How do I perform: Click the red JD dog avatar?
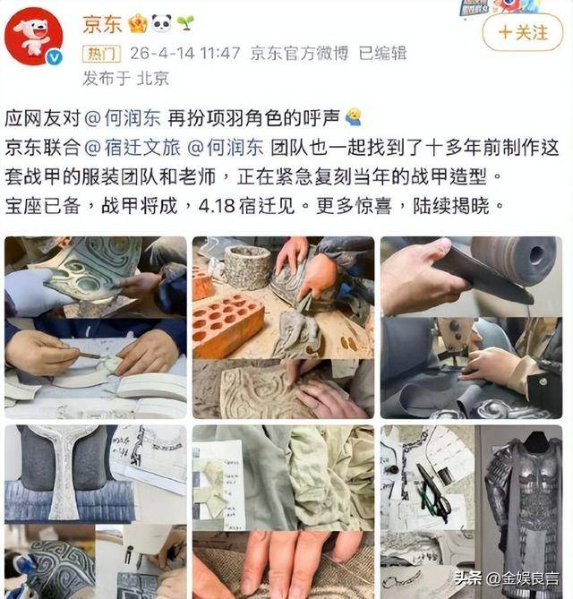(x=34, y=37)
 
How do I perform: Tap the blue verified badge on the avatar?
(x=55, y=57)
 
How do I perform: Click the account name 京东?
(x=102, y=24)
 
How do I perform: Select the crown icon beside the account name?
(x=138, y=23)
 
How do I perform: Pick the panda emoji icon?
(x=161, y=23)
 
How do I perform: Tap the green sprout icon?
(x=185, y=23)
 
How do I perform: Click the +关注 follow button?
(x=523, y=32)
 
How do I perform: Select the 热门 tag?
(x=101, y=54)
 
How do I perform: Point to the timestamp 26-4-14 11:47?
(x=185, y=53)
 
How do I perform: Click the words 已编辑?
(x=383, y=53)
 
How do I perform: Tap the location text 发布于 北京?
(x=125, y=78)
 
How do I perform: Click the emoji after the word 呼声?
(x=354, y=117)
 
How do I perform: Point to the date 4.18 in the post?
(x=216, y=206)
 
